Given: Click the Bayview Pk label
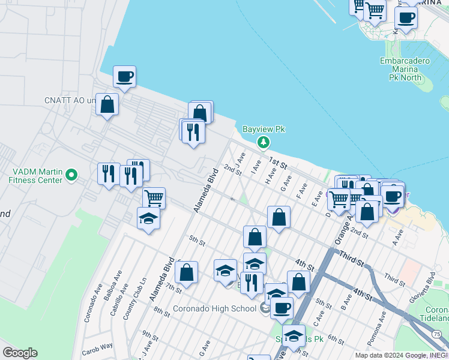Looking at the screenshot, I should pos(263,129).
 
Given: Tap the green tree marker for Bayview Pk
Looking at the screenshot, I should pos(263,142).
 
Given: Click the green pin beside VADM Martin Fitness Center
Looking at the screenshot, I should pos(71,175).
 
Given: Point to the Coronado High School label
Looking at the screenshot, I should pos(214,309).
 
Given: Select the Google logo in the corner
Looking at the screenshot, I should pos(19,353).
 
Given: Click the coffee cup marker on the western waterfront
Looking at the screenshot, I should pos(125,77).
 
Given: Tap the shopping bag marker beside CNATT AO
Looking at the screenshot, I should pos(107,105).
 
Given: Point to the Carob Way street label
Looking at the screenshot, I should pos(98,346).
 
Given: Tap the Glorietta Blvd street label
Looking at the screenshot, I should pos(432,287).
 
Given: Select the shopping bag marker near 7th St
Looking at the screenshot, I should pos(187,272).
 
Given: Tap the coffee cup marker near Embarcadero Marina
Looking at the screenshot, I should pos(406,17).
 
